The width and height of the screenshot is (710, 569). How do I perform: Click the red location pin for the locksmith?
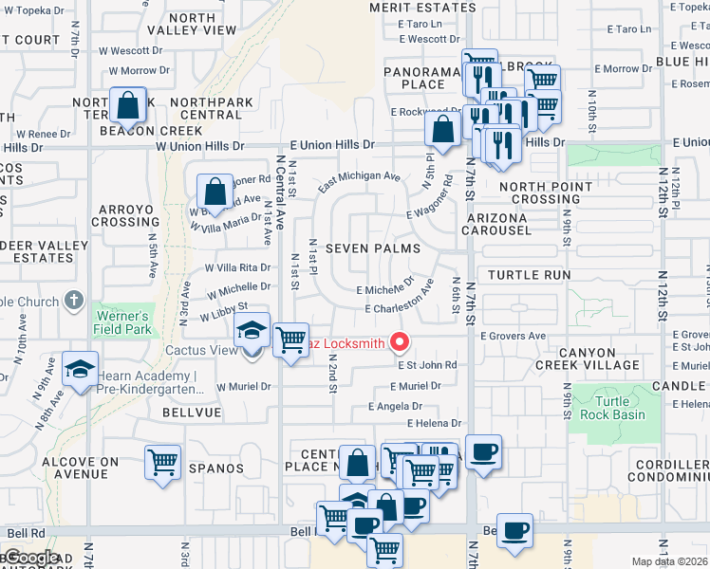pos(401,342)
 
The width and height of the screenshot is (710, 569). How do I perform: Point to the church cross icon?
pos(74,302)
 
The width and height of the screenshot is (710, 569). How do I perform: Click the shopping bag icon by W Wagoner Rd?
pos(215,191)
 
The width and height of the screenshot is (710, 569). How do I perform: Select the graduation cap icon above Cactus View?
pos(252,330)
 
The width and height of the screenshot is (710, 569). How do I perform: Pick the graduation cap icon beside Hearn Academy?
pos(81,368)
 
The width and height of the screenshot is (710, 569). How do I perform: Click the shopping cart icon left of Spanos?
pos(163,463)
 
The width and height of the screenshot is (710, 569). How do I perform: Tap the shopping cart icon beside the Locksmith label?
pos(290,340)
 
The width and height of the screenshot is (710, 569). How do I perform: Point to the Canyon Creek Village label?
pos(588,359)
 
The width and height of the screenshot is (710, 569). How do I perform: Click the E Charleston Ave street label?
pos(400,309)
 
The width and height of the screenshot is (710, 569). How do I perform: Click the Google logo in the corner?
pos(30,558)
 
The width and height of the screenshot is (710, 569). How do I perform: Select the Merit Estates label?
pos(422,8)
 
